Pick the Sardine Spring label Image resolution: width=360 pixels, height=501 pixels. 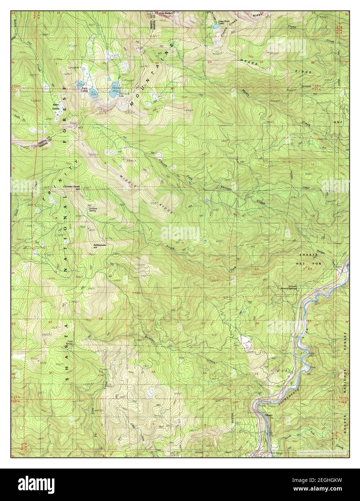[x=93, y=209]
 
